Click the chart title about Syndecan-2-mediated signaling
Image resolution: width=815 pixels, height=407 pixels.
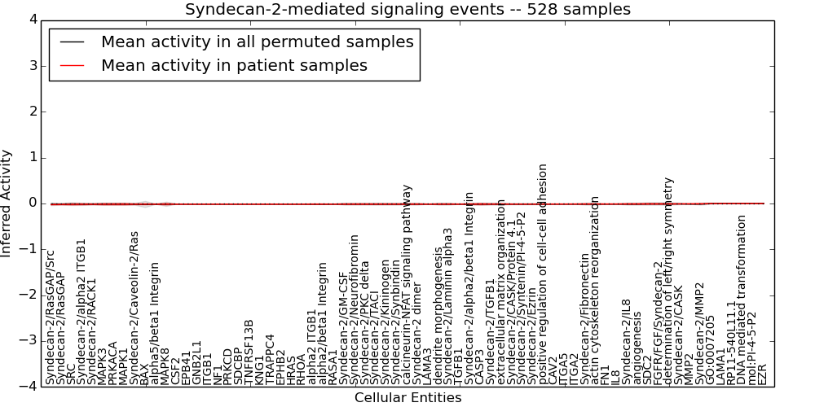click(407, 9)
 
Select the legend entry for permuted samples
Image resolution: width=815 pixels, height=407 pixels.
click(257, 42)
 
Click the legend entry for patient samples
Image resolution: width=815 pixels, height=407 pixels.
click(234, 65)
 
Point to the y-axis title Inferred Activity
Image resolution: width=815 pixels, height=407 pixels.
click(7, 203)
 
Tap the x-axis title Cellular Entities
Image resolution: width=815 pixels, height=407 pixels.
click(407, 397)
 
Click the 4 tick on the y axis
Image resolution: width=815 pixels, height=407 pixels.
click(32, 20)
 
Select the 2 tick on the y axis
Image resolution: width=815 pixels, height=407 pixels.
click(32, 112)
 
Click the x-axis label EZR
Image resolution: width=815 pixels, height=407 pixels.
click(763, 374)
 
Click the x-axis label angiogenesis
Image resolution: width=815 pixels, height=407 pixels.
click(637, 354)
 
